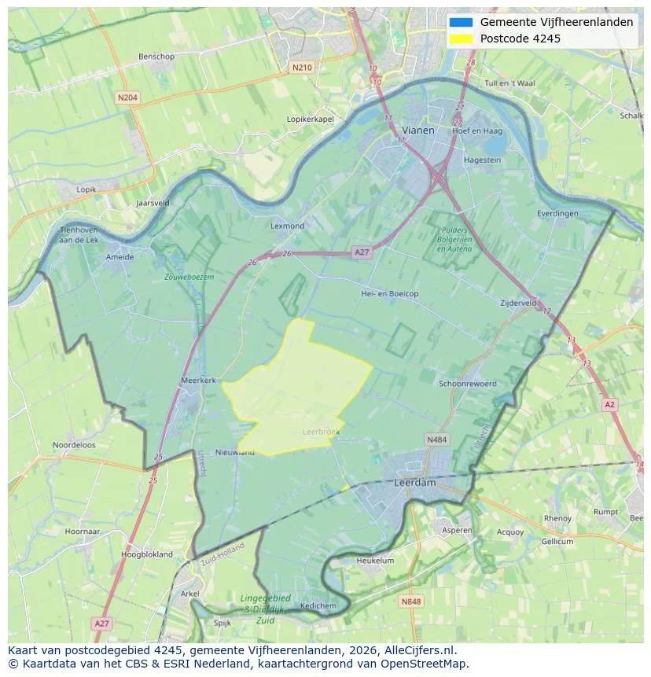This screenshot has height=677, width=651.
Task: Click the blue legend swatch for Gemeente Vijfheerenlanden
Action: [461, 22]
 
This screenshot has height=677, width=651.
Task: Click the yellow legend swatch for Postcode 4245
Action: [461, 39]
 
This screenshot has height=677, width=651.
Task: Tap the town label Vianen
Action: [417, 131]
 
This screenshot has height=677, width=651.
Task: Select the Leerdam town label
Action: [414, 483]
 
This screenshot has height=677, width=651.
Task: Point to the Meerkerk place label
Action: [198, 380]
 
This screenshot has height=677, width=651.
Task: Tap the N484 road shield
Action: [436, 440]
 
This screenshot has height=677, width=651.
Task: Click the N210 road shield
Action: [302, 68]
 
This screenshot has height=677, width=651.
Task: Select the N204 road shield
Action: [127, 98]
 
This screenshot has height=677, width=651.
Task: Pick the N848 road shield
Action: [410, 602]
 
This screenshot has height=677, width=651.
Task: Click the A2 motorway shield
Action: [609, 404]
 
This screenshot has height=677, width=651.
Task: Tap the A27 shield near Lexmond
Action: [362, 252]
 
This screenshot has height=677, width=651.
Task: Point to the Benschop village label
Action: [156, 57]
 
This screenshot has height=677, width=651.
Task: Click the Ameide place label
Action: [120, 256]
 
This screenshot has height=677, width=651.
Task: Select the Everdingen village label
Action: [557, 213]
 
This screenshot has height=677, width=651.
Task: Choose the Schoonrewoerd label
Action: [468, 384]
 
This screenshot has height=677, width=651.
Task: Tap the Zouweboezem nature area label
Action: [189, 277]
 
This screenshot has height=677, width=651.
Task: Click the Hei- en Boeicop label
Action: [389, 293]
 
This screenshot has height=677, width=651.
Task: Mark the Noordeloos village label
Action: [74, 444]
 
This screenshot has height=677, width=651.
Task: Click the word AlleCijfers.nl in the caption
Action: [417, 650]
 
